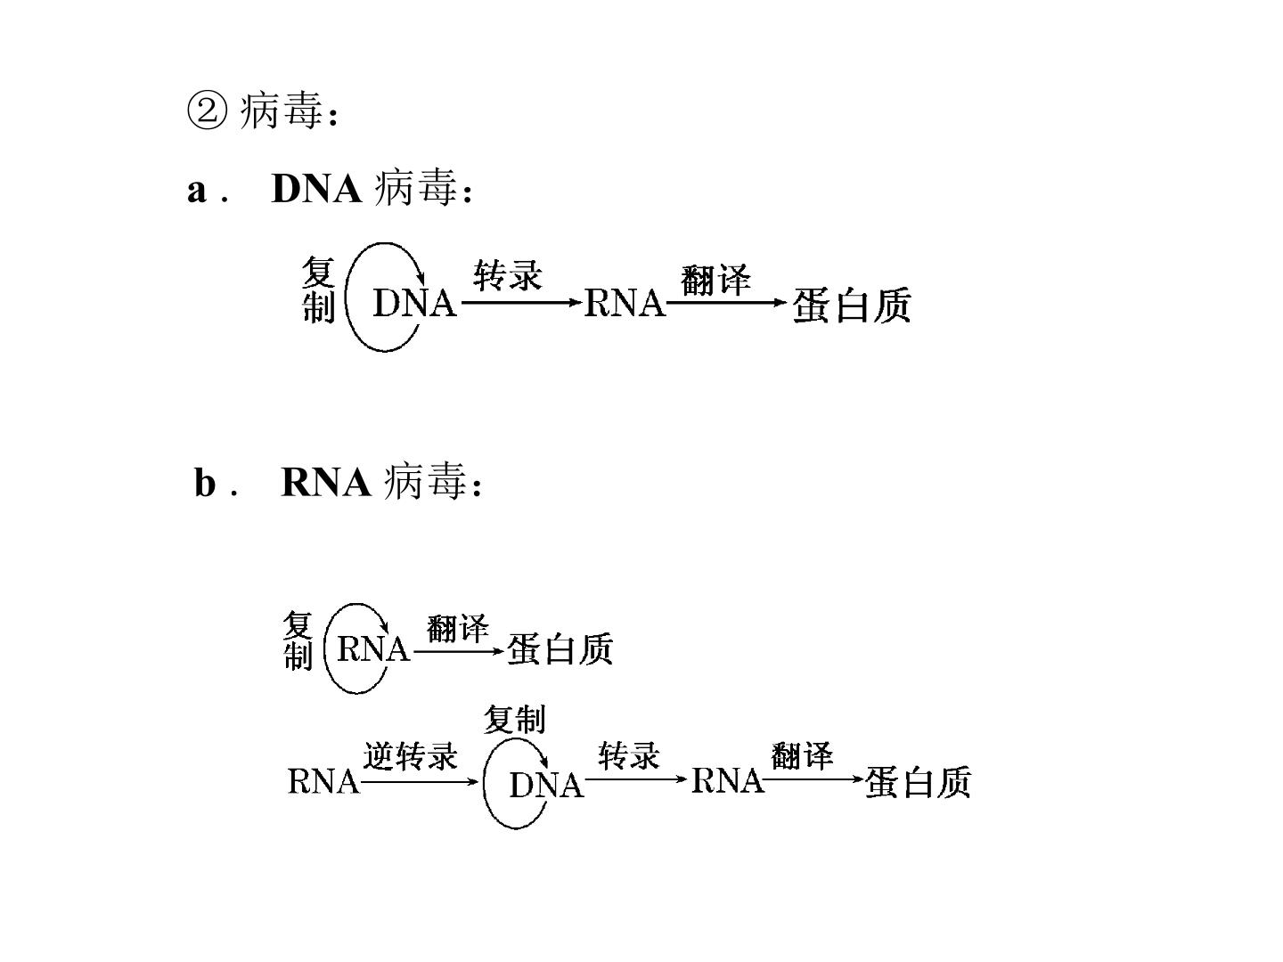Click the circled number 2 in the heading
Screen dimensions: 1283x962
(207, 111)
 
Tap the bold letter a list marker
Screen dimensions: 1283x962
(197, 191)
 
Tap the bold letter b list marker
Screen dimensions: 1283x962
(205, 482)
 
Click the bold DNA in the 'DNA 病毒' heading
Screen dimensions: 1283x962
(316, 189)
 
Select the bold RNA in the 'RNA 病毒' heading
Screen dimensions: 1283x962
(326, 482)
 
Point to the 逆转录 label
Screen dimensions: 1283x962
(410, 756)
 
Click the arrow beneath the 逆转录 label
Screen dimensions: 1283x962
(420, 781)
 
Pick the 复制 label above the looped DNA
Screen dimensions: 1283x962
(514, 719)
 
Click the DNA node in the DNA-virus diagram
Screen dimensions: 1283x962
(414, 303)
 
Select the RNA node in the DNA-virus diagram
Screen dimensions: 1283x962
(625, 303)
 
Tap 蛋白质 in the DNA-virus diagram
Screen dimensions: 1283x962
(852, 305)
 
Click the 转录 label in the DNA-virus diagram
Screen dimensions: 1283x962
(508, 275)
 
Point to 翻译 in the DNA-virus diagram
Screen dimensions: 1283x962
(715, 280)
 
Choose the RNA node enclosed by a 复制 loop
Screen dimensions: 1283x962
(373, 649)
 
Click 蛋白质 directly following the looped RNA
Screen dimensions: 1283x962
(560, 649)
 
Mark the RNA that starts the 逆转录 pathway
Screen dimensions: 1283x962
(323, 781)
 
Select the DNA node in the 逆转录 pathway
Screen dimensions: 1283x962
(546, 785)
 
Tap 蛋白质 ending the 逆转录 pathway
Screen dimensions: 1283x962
(918, 782)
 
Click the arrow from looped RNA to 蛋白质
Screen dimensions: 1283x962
(459, 650)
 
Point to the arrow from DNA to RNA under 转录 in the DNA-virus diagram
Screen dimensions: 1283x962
(521, 303)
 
